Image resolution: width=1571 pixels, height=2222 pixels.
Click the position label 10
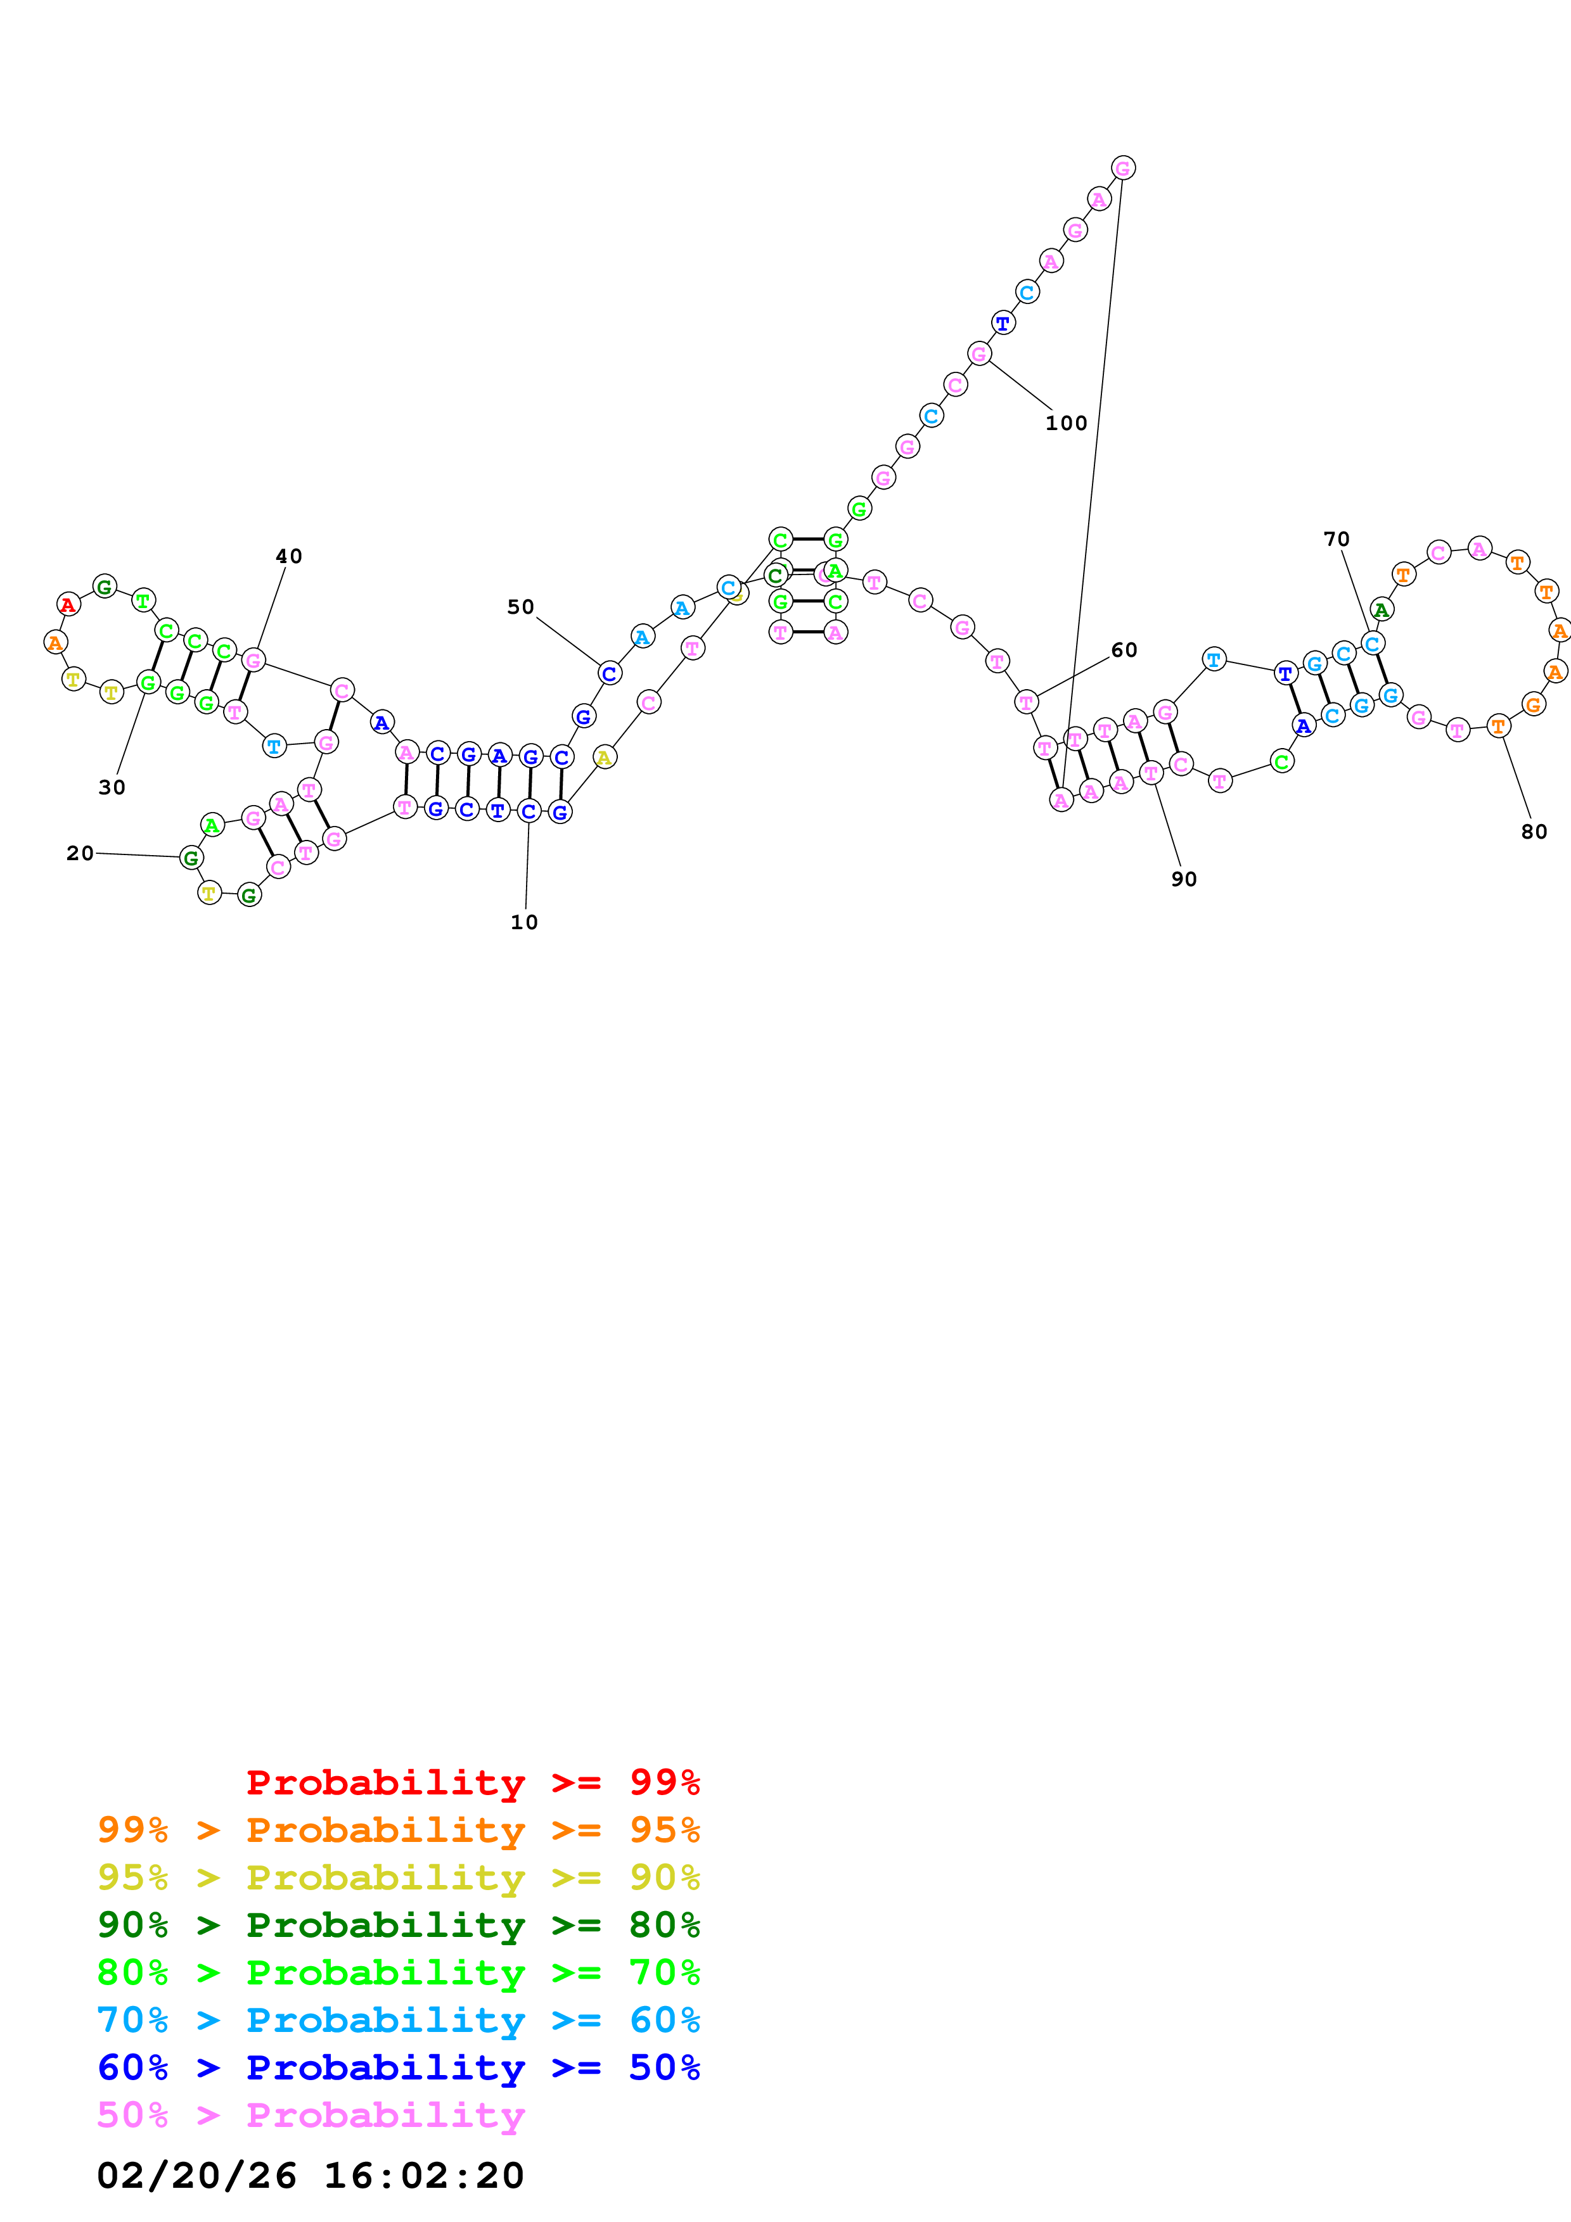[523, 922]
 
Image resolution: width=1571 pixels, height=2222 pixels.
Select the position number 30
[112, 788]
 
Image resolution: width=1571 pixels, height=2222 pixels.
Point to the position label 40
[288, 557]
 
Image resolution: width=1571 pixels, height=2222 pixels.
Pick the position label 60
[1124, 651]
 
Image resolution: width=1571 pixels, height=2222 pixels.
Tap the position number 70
[1336, 539]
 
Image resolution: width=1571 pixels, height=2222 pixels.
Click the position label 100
[1066, 423]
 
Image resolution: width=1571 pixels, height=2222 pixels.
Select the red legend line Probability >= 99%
[472, 1782]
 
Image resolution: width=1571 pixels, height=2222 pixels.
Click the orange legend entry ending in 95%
[398, 1830]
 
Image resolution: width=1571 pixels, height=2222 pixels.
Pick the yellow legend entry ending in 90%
[398, 1877]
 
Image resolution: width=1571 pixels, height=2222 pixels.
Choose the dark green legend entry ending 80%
[398, 1925]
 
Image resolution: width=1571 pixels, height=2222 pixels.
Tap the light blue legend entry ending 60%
[398, 2020]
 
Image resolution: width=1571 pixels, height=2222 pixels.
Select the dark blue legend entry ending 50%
[398, 2067]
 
